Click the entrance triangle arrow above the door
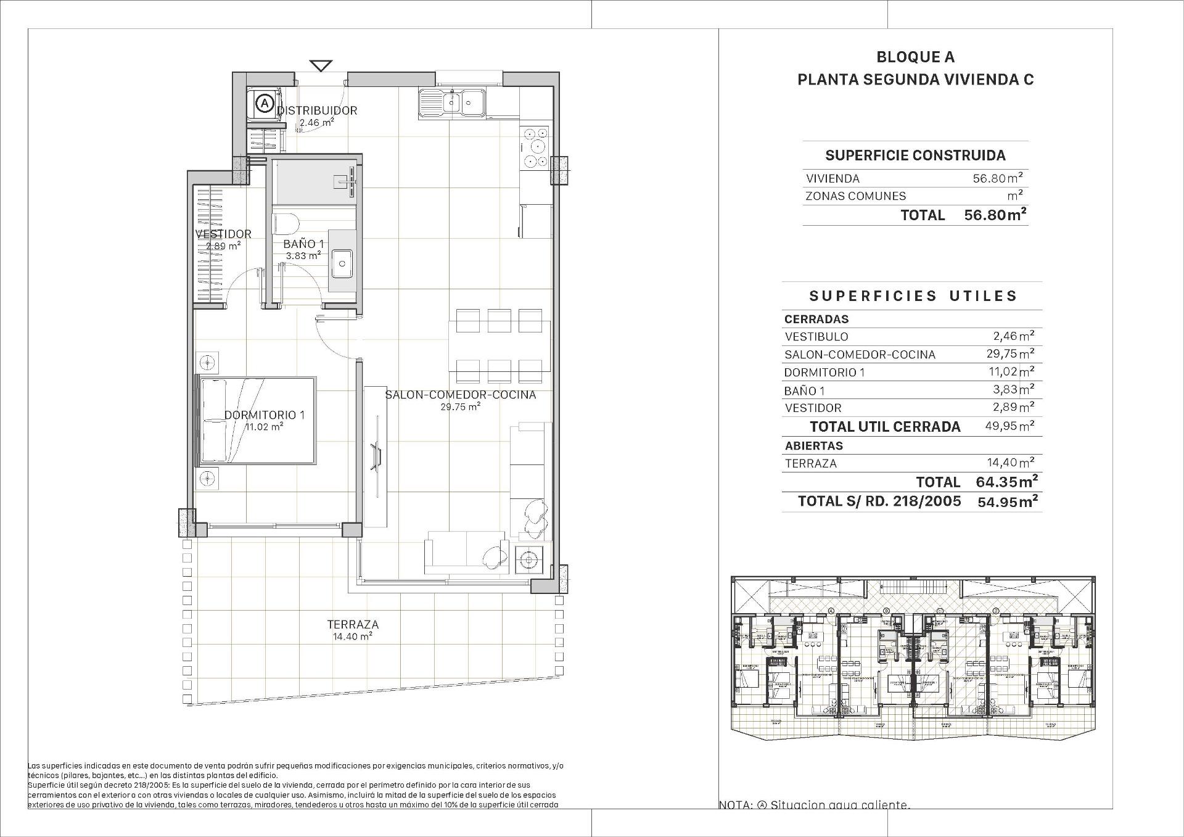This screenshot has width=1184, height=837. pos(321,65)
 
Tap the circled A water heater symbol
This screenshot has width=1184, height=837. pos(265,104)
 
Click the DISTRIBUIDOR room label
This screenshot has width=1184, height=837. pos(317,111)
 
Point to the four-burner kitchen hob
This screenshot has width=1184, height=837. pos(535,147)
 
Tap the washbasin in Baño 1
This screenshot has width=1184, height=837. pos(342,263)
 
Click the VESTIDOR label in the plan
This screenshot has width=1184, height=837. pos(223,234)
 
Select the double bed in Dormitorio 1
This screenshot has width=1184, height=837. pos(256,420)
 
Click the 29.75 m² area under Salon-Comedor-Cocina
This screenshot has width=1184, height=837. pos(460,407)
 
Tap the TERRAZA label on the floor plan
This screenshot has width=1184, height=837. pos(353,625)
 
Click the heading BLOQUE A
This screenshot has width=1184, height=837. pos(915,57)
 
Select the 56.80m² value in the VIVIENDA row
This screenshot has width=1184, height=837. pos(997,178)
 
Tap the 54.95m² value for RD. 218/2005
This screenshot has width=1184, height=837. pos(1007,501)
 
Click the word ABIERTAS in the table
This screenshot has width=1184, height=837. pos(813,445)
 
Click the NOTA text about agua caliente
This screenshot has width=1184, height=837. pos(814,805)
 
